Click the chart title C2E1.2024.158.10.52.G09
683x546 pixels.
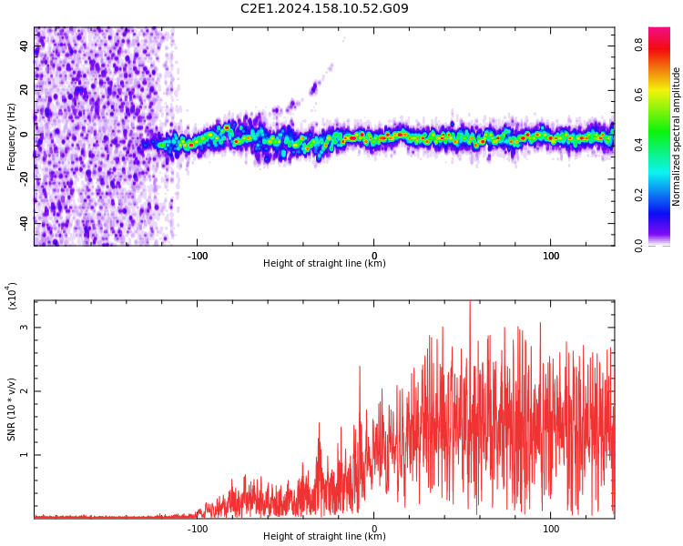pos(324,9)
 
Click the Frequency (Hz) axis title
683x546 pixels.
pos(12,136)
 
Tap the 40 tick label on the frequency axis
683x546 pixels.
pos(25,46)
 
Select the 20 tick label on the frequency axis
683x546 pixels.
pos(25,90)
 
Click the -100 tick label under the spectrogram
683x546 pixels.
pos(198,256)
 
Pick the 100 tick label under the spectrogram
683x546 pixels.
pos(551,256)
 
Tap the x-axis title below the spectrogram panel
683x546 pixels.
pos(324,264)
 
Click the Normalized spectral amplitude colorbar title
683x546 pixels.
pos(677,136)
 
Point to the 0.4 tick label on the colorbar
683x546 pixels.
pos(639,144)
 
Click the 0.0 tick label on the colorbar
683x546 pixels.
pos(639,244)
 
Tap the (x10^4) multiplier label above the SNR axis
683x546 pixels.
pos(12,297)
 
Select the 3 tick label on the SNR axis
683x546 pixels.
pos(25,328)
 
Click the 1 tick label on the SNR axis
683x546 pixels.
pos(25,455)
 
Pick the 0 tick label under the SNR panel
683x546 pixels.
pos(374,529)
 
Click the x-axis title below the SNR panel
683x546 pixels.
pos(324,537)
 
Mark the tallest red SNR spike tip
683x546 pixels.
pos(470,301)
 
